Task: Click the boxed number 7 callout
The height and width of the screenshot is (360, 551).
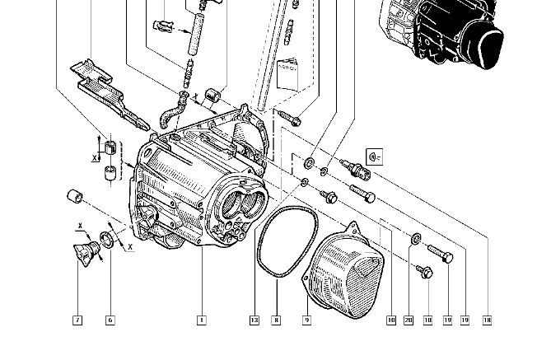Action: (77, 319)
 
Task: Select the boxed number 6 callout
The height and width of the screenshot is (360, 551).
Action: (110, 319)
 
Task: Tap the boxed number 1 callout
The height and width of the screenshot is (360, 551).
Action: (200, 319)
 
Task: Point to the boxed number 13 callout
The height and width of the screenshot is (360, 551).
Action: (254, 319)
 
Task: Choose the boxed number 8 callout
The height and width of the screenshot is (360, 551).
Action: (277, 319)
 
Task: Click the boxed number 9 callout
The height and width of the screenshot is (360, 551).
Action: (306, 319)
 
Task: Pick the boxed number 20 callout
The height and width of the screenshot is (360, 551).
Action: (409, 319)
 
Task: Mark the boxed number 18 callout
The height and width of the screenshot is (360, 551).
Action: (488, 319)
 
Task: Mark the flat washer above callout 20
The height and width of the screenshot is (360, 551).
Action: (417, 239)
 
